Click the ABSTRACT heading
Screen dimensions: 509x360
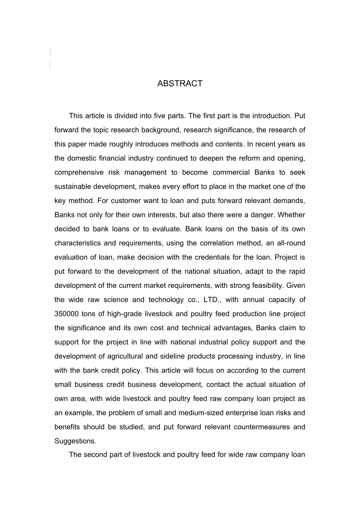[x=180, y=84]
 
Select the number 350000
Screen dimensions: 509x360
[x=66, y=314]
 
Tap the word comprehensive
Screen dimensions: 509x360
[x=78, y=173]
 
